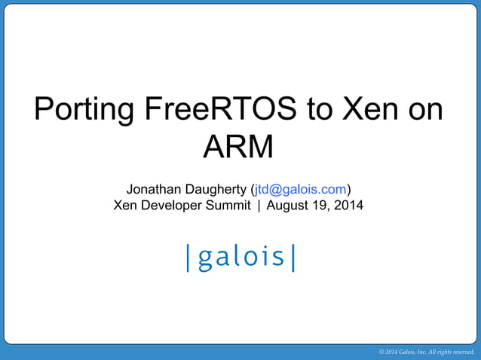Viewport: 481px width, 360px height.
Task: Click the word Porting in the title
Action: [82, 111]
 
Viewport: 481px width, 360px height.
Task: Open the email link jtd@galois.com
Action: [301, 188]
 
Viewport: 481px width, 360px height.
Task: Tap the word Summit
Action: [227, 205]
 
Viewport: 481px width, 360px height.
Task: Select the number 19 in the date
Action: [323, 205]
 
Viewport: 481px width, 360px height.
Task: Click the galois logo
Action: [240, 257]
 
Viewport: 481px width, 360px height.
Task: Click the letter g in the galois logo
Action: [202, 260]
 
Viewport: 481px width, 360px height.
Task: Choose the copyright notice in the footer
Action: [426, 352]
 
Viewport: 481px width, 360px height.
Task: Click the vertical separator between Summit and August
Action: [259, 205]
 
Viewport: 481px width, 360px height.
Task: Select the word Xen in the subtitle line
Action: [125, 205]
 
